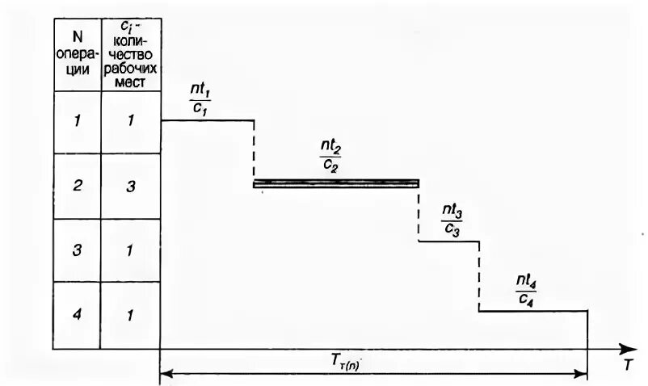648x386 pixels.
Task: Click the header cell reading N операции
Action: coord(77,54)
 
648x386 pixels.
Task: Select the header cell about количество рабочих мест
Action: coord(130,54)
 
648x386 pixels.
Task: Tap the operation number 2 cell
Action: coord(77,186)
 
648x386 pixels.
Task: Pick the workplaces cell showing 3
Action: coord(130,186)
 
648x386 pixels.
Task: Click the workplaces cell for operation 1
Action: coord(130,121)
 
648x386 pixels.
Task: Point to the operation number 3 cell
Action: coord(77,250)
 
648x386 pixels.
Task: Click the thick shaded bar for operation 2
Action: coord(336,183)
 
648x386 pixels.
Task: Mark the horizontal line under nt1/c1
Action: coord(208,120)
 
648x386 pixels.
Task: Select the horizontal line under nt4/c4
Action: coord(532,310)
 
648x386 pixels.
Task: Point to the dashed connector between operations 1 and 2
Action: coord(254,152)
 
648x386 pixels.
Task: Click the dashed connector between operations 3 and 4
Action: coord(479,275)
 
